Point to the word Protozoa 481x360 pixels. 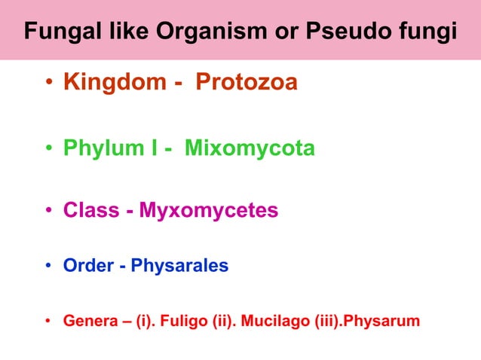click(x=247, y=82)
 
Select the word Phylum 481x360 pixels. click(x=105, y=149)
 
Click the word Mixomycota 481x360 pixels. click(x=250, y=149)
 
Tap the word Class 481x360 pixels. click(x=90, y=210)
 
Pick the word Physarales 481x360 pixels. click(x=179, y=267)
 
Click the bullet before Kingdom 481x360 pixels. click(x=47, y=83)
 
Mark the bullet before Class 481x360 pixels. click(x=47, y=211)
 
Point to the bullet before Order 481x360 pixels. click(x=47, y=267)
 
